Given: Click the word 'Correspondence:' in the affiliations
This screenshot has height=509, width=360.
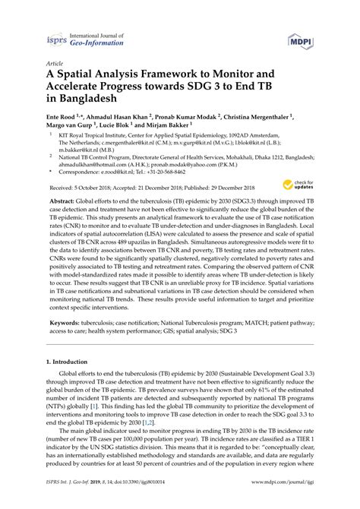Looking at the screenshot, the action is click(82, 191).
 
